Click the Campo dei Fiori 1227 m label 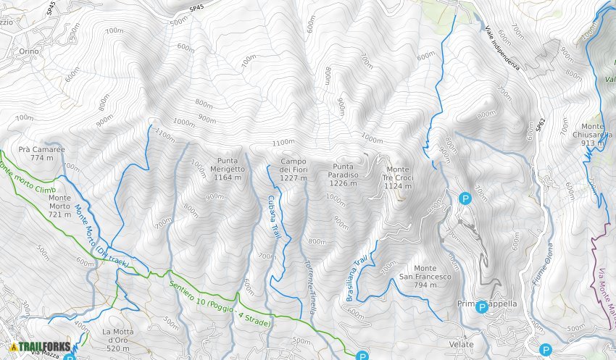[294, 169]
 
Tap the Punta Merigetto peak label [230, 169]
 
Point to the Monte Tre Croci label [397, 177]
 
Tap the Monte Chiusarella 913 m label [592, 135]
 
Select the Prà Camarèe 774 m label [42, 153]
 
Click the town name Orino [30, 51]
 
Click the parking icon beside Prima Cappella [481, 306]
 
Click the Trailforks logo [40, 347]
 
